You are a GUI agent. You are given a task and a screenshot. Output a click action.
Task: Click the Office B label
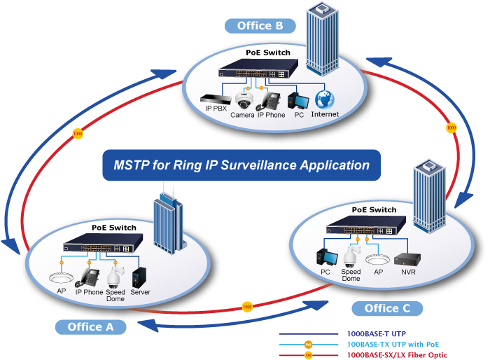(x=260, y=26)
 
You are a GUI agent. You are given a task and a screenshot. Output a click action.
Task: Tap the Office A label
(x=90, y=327)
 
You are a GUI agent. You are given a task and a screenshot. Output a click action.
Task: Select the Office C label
(x=387, y=308)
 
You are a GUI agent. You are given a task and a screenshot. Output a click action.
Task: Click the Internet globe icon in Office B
(x=325, y=99)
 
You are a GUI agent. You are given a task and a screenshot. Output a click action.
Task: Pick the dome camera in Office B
(x=244, y=100)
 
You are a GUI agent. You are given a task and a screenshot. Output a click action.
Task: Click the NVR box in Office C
(x=407, y=259)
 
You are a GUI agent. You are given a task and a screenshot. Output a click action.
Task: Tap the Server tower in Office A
(x=139, y=277)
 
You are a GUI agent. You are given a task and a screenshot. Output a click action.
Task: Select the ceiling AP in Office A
(x=62, y=278)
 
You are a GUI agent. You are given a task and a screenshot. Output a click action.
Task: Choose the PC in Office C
(x=327, y=258)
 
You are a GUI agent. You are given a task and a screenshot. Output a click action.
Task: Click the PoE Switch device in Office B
(x=258, y=69)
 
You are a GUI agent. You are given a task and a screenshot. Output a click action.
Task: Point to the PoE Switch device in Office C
(x=366, y=226)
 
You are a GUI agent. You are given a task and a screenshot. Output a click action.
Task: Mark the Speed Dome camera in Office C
(x=351, y=256)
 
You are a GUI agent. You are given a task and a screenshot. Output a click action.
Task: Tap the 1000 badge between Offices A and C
(x=247, y=307)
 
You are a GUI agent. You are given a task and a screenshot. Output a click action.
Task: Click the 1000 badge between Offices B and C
(x=451, y=127)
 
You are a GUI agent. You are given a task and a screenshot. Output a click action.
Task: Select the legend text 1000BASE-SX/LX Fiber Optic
(x=397, y=355)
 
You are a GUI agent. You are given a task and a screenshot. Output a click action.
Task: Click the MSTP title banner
(x=241, y=165)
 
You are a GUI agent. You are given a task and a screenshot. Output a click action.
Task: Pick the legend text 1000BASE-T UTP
(x=377, y=333)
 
